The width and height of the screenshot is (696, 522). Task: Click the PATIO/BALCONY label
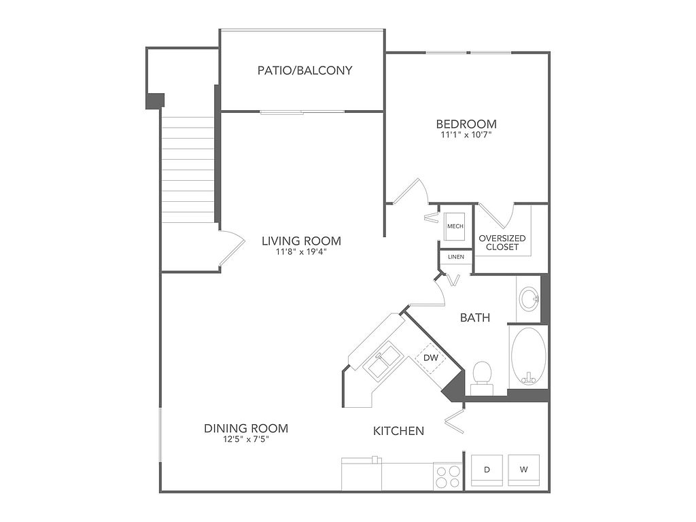pos(304,70)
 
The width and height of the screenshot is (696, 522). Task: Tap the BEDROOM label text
pos(466,124)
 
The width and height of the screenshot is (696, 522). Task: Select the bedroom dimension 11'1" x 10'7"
pos(466,135)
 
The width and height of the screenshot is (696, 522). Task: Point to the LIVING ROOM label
pos(301,241)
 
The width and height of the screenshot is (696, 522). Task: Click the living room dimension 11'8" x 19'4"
pos(301,252)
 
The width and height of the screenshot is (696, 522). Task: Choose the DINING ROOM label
pos(246,428)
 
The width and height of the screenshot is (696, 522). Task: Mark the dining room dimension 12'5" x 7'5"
pos(246,440)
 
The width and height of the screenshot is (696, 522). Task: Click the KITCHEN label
pos(398,430)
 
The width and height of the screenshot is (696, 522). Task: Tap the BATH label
pos(475,317)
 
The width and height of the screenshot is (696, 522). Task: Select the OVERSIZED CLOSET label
pos(502,243)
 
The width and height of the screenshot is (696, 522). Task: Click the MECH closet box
pos(455,226)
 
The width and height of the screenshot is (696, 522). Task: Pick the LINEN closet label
pos(456,256)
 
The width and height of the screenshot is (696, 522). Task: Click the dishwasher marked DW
pos(430,358)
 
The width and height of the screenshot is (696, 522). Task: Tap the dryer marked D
pos(487,470)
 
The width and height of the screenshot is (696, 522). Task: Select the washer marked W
pos(524,470)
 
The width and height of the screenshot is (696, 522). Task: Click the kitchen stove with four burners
pos(447,476)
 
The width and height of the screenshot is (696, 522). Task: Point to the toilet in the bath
pos(482,378)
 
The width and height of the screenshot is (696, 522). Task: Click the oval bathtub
pos(528,356)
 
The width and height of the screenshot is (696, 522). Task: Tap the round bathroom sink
pos(529,298)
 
